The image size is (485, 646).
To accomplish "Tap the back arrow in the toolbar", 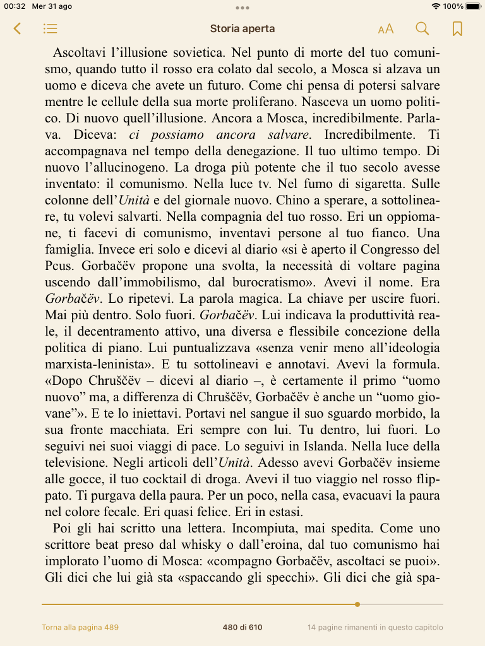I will point(17,28).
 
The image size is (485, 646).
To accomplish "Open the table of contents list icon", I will point(51,28).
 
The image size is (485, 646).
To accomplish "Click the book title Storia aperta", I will point(242,28).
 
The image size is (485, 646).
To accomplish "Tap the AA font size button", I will point(385,29).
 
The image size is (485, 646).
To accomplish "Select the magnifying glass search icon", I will point(422,28).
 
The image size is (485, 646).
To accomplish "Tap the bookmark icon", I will point(457,28).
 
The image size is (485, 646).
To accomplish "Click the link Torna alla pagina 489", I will point(80,627).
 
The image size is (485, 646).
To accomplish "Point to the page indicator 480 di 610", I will point(242,627).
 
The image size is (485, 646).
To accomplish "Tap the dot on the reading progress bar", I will point(357,604).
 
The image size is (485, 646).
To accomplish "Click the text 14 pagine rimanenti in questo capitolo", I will point(375,627).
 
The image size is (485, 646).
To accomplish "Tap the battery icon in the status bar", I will point(473,6).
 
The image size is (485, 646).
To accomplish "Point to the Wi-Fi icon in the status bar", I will point(436,6).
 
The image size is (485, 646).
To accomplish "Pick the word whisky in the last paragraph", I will point(163,544).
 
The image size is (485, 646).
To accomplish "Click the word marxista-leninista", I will point(96,364).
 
